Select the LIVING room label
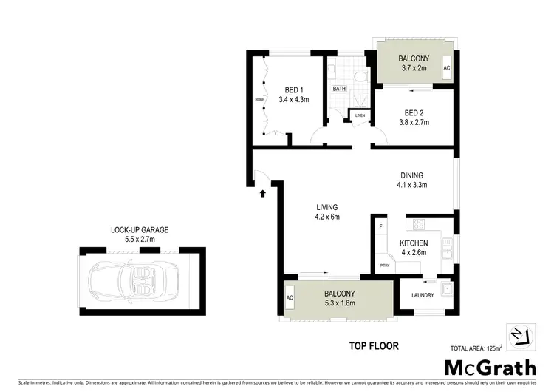click(x=326, y=206)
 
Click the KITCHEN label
click(x=414, y=243)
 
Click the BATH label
click(x=339, y=89)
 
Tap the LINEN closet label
click(x=360, y=115)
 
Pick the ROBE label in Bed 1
click(x=260, y=98)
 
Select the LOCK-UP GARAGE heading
click(x=140, y=230)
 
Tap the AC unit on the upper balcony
click(x=446, y=68)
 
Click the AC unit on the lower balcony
click(x=289, y=298)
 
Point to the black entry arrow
click(x=264, y=194)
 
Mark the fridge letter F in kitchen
click(x=380, y=226)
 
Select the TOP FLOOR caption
click(x=373, y=345)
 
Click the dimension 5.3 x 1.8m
click(x=341, y=303)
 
